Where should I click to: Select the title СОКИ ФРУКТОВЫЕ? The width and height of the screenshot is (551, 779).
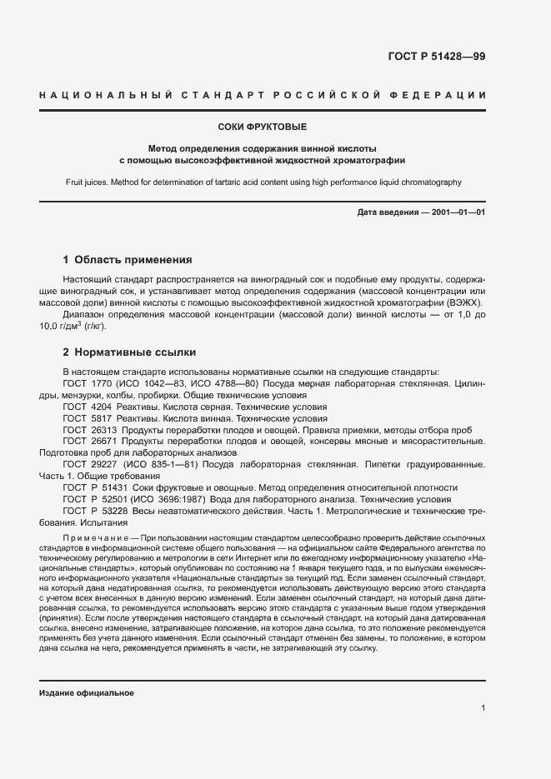tap(262, 127)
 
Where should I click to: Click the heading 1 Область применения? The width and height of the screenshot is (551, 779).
tap(128, 259)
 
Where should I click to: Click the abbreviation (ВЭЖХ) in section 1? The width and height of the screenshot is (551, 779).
tap(468, 302)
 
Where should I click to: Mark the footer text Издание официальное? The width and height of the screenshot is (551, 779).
tap(87, 693)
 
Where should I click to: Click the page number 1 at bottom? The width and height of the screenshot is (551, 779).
tap(483, 708)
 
